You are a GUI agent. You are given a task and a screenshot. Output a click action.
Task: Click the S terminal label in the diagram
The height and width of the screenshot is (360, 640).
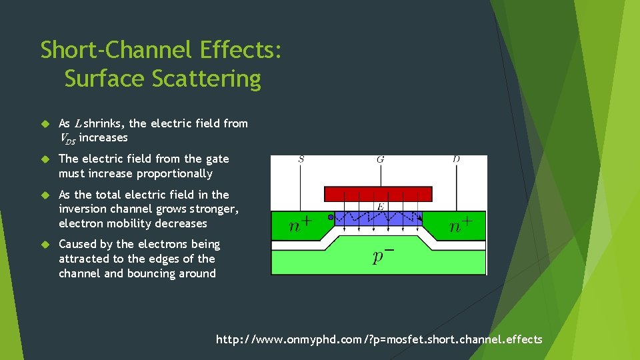[x=301, y=159]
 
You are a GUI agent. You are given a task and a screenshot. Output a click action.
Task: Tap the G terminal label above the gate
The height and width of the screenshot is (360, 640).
[x=380, y=159]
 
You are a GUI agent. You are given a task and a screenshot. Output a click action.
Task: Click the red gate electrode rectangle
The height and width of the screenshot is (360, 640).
[x=378, y=194]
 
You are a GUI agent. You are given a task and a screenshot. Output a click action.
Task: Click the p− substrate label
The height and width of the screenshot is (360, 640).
[x=381, y=256]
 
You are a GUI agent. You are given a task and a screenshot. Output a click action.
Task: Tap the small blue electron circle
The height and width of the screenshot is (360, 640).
[x=331, y=217]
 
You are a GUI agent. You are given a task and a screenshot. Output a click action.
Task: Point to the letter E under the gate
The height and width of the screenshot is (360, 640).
[x=379, y=207]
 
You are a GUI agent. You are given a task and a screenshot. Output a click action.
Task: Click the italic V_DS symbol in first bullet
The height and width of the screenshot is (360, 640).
[x=67, y=138]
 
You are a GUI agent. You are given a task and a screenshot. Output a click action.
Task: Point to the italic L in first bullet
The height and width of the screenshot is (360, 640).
[x=79, y=123]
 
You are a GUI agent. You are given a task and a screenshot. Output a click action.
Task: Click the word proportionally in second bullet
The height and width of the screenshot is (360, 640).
[x=174, y=174]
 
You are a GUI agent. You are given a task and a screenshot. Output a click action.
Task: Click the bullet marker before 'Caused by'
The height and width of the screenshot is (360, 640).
[x=45, y=245]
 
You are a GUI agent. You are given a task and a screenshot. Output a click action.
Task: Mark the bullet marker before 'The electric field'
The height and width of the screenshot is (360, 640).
[x=45, y=159]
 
